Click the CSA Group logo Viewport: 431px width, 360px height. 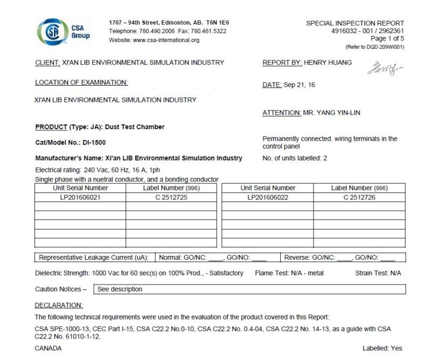click(x=63, y=31)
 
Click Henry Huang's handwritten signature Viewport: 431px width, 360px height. click(x=384, y=68)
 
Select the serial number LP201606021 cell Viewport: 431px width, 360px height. click(x=80, y=197)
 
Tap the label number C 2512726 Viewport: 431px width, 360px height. click(x=359, y=197)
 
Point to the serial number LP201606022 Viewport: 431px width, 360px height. click(x=268, y=197)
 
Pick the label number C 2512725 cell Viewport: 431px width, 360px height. click(x=171, y=197)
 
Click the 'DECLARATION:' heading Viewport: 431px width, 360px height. click(x=59, y=305)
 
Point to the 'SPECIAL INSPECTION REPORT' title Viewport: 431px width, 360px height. click(x=354, y=23)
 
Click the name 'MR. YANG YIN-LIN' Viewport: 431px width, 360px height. click(x=332, y=113)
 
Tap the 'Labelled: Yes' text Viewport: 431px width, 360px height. click(x=382, y=348)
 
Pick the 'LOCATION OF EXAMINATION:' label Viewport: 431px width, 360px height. click(x=81, y=82)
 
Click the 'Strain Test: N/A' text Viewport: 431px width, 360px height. click(x=378, y=273)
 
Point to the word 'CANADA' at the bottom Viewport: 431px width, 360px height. click(x=48, y=348)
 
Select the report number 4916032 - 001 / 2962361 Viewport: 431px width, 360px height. click(x=367, y=31)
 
